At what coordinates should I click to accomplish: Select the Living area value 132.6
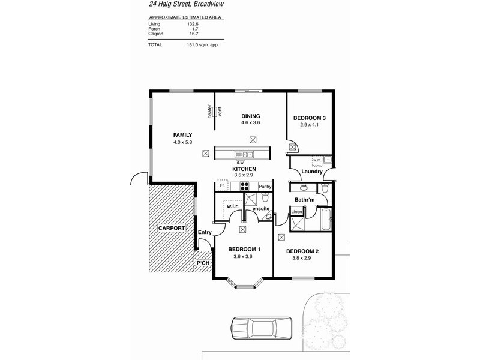(x=193, y=23)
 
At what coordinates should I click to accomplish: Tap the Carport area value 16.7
(x=193, y=34)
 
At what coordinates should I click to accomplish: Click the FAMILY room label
(x=182, y=135)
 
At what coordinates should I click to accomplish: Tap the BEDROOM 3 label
(x=309, y=118)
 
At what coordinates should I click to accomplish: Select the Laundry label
(x=313, y=172)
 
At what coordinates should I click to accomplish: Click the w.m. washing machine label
(x=316, y=160)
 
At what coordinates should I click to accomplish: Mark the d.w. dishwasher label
(x=240, y=163)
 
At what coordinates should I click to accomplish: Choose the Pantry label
(x=265, y=187)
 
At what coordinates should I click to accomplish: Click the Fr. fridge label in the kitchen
(x=222, y=186)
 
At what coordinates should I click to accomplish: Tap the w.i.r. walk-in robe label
(x=233, y=207)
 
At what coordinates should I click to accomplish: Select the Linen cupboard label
(x=296, y=212)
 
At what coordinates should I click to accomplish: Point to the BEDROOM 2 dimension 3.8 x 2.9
(x=302, y=259)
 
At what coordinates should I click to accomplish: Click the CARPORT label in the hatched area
(x=171, y=229)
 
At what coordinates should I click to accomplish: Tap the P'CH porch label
(x=203, y=263)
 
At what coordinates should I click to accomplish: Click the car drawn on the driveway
(x=261, y=329)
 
